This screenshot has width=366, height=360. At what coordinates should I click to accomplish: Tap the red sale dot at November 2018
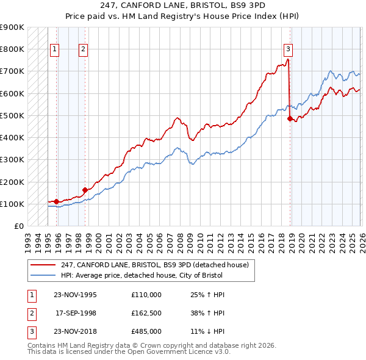coord(290,118)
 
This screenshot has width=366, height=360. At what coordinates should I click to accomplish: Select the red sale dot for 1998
coord(85,190)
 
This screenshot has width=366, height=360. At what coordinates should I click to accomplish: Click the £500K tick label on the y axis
coord(12,115)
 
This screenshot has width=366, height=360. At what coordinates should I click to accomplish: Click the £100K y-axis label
coord(12,204)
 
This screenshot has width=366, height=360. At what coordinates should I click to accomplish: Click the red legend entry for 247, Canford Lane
coord(154,265)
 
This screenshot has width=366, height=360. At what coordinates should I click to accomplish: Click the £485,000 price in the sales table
coord(146,333)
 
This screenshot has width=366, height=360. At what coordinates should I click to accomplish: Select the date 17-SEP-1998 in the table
coord(76,313)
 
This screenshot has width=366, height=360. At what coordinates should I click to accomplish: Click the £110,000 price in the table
coord(146,294)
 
